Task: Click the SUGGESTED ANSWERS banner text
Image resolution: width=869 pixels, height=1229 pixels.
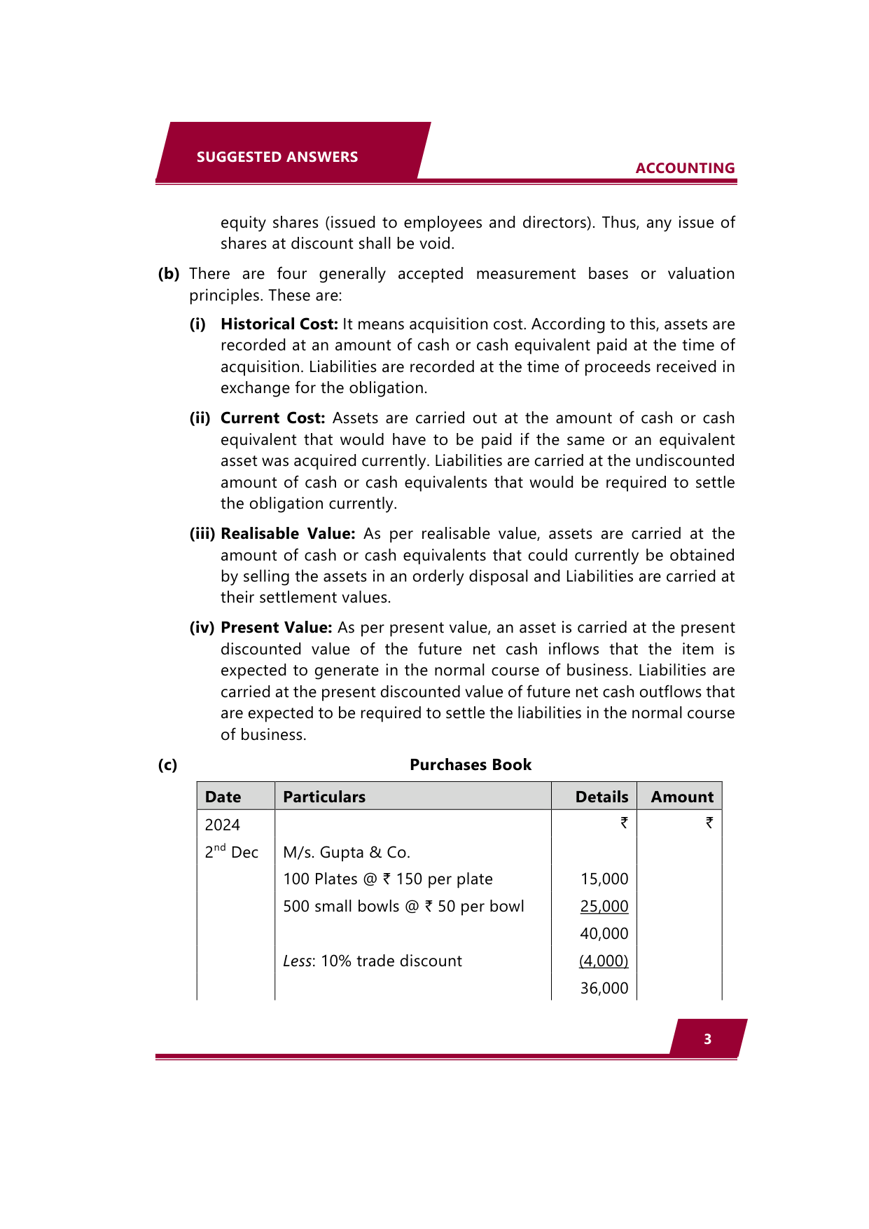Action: [277, 157]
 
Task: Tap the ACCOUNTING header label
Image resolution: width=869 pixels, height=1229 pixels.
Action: [685, 168]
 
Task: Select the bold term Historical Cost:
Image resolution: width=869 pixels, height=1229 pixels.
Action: [279, 324]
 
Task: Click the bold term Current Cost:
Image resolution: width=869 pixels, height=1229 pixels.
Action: [272, 418]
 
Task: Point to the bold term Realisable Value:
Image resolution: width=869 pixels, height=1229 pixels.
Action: [288, 534]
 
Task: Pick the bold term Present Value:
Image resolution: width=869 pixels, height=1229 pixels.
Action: [276, 628]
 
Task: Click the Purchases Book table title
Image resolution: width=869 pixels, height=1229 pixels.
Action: [471, 765]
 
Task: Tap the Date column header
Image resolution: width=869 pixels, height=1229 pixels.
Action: [223, 797]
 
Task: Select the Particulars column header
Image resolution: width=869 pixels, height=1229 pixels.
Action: [324, 797]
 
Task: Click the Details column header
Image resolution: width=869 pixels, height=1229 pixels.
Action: [602, 797]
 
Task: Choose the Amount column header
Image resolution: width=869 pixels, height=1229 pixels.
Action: [682, 797]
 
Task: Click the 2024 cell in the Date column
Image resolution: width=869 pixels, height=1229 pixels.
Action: [222, 825]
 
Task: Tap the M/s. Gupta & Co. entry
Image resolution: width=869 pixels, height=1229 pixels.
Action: [347, 853]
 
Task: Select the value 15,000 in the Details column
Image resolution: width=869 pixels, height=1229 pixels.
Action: [604, 879]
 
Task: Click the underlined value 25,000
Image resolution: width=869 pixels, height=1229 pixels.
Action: [604, 907]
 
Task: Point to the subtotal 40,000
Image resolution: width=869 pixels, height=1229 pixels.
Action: [604, 934]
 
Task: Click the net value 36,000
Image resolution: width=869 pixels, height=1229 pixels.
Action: [604, 989]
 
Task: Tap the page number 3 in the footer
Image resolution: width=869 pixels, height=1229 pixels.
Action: [707, 1039]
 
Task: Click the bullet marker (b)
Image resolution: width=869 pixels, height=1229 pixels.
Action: [169, 274]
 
